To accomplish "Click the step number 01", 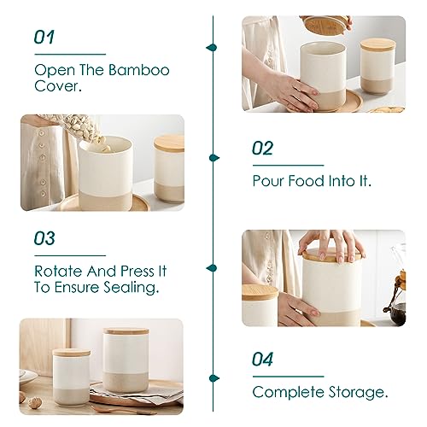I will (44, 38).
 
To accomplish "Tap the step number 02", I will (262, 149).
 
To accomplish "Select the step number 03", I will (44, 239).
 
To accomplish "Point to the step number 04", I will (263, 360).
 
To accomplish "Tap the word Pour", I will (268, 181).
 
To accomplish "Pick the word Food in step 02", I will (312, 181).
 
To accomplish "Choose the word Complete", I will (289, 393).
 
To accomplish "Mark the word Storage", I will (358, 393).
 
